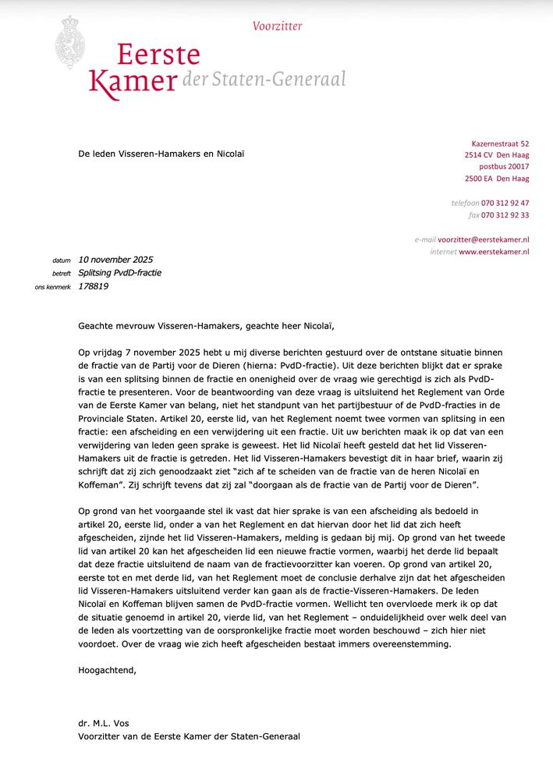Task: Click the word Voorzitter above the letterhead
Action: click(x=277, y=26)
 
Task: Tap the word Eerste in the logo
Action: click(x=159, y=55)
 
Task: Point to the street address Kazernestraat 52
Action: click(x=500, y=144)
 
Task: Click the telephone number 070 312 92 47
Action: click(x=505, y=203)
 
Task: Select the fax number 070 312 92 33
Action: click(x=505, y=215)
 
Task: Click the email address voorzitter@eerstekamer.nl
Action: click(x=483, y=239)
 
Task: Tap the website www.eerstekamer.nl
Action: click(x=494, y=252)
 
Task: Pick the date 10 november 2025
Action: click(x=115, y=260)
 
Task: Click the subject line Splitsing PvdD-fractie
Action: click(x=119, y=273)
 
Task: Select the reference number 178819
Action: click(x=94, y=286)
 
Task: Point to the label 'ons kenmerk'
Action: click(x=53, y=287)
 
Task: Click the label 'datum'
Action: click(x=62, y=261)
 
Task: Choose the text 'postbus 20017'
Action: click(x=504, y=167)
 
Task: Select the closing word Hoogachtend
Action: click(x=107, y=669)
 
